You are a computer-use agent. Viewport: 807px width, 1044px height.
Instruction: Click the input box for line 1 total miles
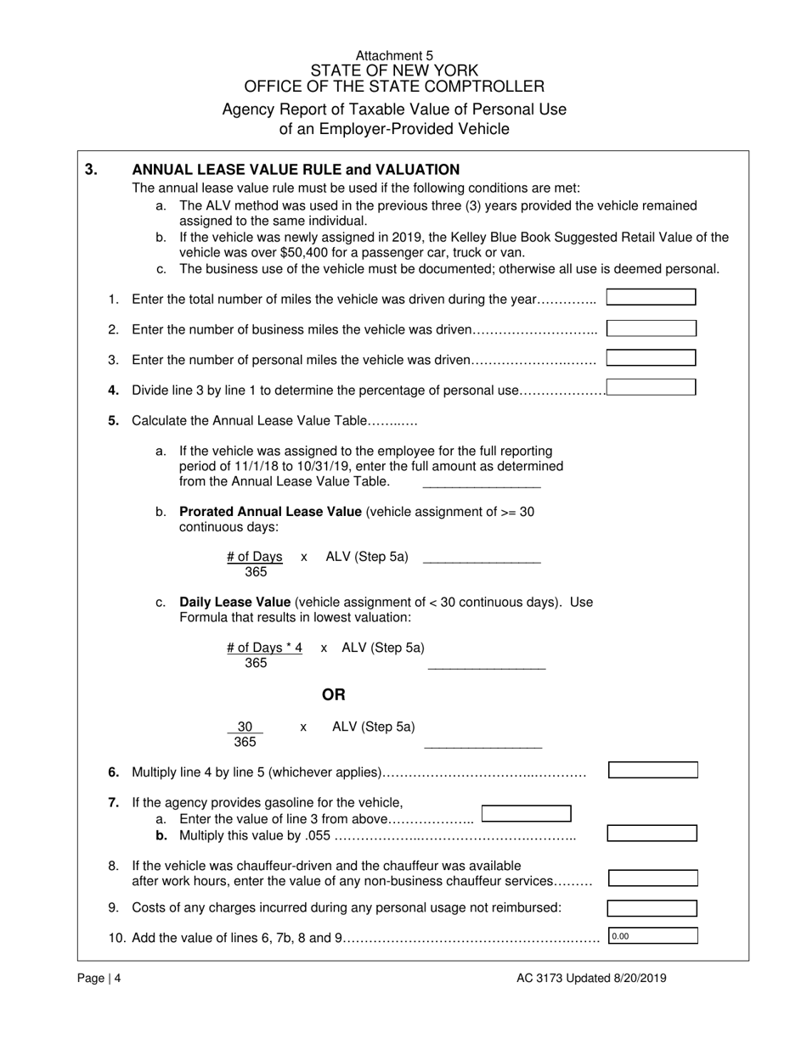tap(651, 298)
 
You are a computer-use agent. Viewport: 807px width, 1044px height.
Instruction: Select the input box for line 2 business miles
tap(651, 328)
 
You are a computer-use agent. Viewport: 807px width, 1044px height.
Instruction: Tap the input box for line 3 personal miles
tap(651, 358)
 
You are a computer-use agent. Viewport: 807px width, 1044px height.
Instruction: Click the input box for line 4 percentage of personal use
tap(651, 388)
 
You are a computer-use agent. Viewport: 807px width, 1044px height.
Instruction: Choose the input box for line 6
tap(652, 771)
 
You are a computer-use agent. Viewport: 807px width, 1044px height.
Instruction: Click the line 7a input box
tap(526, 814)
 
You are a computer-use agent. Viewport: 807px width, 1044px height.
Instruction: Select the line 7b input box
tap(652, 834)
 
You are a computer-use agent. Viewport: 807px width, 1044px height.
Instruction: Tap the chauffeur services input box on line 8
tap(652, 878)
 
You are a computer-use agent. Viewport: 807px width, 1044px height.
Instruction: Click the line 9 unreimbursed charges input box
tap(652, 908)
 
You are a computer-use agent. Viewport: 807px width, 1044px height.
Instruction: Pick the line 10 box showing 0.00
tap(652, 936)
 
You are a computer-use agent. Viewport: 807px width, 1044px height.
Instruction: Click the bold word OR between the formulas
tap(334, 695)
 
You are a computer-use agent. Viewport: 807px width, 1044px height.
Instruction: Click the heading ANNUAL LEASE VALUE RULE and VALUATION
tap(296, 170)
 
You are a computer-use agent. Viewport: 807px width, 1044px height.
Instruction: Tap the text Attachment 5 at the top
tap(394, 55)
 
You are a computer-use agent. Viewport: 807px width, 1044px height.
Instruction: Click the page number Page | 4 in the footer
tap(99, 978)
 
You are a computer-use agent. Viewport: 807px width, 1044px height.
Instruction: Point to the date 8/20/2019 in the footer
tap(638, 978)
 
